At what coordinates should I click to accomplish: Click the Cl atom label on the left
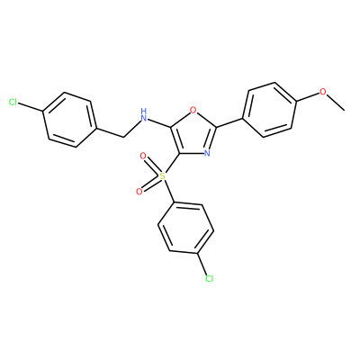13,103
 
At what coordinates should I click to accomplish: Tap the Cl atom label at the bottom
209,279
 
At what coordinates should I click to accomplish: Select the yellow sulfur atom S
162,175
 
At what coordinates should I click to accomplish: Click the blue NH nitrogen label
144,115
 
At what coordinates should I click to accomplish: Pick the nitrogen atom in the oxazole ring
206,153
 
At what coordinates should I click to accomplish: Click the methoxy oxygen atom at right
322,92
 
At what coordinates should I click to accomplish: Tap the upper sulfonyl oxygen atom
143,156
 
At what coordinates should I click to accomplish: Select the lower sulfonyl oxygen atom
139,192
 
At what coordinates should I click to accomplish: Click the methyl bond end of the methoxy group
344,110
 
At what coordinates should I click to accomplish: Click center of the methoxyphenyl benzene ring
269,110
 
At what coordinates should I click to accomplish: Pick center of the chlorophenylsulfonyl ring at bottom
185,229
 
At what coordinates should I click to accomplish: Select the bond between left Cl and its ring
31,108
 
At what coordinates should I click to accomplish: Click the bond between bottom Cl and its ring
202,264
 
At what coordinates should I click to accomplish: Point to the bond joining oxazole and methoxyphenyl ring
229,123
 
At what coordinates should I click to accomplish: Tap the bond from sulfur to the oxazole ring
172,163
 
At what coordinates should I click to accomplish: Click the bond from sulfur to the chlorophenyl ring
169,191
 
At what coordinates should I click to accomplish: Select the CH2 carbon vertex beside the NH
123,138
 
